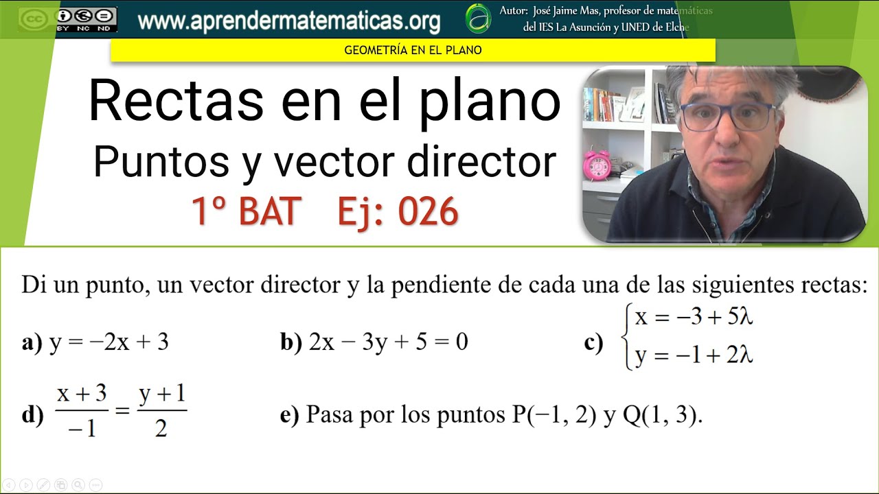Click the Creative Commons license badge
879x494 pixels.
67,19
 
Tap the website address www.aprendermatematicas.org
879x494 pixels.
288,21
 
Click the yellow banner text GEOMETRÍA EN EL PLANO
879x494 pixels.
413,50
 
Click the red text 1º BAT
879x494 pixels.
246,212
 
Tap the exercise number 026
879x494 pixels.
428,212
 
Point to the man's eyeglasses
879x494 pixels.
727,115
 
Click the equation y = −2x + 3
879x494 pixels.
109,342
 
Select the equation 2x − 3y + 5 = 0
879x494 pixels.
388,342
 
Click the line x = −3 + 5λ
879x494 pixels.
694,317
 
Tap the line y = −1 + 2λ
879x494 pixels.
694,356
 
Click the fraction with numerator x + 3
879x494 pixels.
82,410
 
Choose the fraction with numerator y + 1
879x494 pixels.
162,410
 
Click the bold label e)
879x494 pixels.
289,415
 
